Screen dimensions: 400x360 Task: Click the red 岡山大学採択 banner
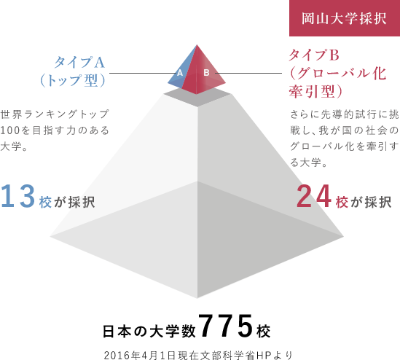(345, 18)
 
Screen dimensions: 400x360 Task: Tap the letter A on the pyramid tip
(180, 73)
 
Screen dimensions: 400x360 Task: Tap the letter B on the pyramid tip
(206, 73)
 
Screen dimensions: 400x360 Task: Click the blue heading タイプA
(79, 63)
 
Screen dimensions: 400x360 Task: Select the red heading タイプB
(314, 55)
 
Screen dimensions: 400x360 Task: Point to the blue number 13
(17, 196)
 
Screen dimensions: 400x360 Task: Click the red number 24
(314, 196)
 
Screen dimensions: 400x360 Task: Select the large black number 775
(225, 326)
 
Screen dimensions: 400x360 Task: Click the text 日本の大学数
(149, 331)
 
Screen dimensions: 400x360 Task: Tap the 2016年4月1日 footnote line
(198, 355)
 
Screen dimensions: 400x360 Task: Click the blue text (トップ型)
(73, 81)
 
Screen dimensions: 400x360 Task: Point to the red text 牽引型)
(315, 91)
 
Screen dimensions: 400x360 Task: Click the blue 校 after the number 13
(45, 203)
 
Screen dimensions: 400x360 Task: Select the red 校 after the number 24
(342, 203)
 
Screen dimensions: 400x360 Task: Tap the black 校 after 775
(264, 332)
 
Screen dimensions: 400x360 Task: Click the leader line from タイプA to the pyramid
(143, 73)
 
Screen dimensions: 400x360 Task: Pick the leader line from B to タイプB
(248, 73)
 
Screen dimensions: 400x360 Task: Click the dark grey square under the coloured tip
(197, 97)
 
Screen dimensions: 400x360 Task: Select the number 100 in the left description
(10, 130)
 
